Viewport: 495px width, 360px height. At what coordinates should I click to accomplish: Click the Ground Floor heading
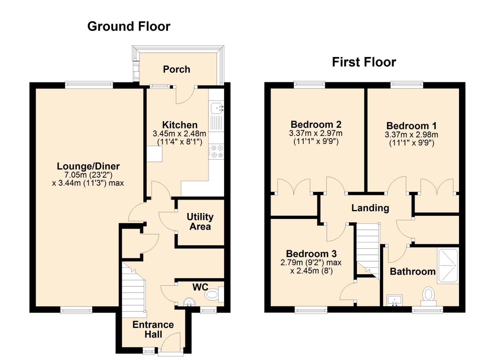coord(129,27)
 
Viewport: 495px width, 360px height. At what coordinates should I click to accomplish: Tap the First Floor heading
coord(364,62)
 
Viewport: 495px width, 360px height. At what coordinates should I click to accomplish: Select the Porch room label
coord(177,69)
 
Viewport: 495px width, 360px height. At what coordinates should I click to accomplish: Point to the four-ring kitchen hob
coord(216,151)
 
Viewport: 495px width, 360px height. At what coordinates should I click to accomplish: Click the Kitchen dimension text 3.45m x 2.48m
coord(179,134)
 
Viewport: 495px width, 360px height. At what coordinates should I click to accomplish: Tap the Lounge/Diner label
coord(88,166)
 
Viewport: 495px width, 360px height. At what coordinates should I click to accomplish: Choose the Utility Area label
coord(200,222)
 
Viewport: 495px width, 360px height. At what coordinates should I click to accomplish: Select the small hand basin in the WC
coord(189,302)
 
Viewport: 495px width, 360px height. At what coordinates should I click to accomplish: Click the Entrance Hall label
coord(153,330)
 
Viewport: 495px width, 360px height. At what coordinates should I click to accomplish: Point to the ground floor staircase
coord(134,290)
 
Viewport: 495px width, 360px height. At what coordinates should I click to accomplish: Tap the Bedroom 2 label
coord(316,125)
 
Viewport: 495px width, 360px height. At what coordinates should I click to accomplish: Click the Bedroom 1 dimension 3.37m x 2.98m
coord(411,135)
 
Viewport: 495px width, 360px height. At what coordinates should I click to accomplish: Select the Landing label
coord(370,208)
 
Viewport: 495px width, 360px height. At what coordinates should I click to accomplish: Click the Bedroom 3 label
coord(311,254)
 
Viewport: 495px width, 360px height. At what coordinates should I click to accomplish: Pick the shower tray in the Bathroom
coord(448,266)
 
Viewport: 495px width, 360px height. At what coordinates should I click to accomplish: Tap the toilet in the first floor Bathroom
coord(428,296)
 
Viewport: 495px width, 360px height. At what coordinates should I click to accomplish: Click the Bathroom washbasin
coord(394,300)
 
